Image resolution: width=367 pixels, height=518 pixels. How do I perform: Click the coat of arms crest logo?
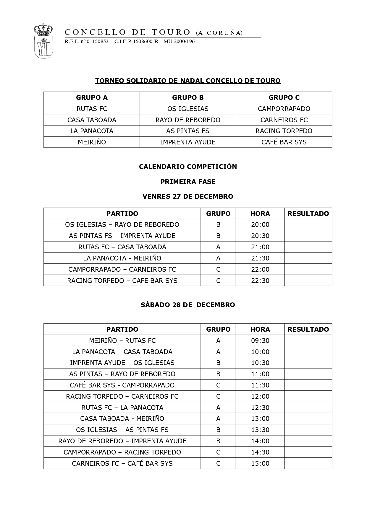pyautogui.click(x=43, y=41)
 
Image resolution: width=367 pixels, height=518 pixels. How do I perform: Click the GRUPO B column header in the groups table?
pyautogui.click(x=188, y=97)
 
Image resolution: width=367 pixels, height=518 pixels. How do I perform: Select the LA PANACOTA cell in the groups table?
pyautogui.click(x=92, y=131)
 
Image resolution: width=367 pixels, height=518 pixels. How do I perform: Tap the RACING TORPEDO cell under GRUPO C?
pyautogui.click(x=284, y=131)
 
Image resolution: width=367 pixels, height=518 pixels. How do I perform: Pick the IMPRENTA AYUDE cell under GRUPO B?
pyautogui.click(x=188, y=142)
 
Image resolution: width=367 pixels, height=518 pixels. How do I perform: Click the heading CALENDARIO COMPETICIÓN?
pyautogui.click(x=188, y=167)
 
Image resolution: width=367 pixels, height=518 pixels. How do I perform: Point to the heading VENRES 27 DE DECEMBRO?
pyautogui.click(x=188, y=196)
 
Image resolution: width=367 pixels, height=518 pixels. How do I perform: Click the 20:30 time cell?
pyautogui.click(x=260, y=236)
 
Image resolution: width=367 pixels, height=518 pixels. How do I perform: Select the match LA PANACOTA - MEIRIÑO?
pyautogui.click(x=122, y=258)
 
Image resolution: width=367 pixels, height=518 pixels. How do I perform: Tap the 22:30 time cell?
pyautogui.click(x=260, y=281)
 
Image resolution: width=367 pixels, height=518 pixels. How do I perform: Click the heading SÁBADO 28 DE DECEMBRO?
pyautogui.click(x=188, y=305)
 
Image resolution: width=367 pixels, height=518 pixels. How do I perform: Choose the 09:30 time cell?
pyautogui.click(x=260, y=341)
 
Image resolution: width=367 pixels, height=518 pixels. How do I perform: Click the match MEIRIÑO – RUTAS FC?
pyautogui.click(x=122, y=341)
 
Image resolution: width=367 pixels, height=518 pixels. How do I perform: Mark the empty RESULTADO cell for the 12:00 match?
pyautogui.click(x=308, y=396)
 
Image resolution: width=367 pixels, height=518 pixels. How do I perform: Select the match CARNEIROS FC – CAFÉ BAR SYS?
pyautogui.click(x=122, y=463)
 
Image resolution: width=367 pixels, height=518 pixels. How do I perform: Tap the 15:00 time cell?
pyautogui.click(x=260, y=463)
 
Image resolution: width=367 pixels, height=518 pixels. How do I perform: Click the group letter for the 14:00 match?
pyautogui.click(x=218, y=441)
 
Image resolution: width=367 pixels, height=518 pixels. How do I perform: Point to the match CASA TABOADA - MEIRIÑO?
pyautogui.click(x=122, y=418)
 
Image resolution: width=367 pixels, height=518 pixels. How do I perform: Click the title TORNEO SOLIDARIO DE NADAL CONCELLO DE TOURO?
pyautogui.click(x=188, y=81)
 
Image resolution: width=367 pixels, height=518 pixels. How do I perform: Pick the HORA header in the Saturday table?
pyautogui.click(x=260, y=329)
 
